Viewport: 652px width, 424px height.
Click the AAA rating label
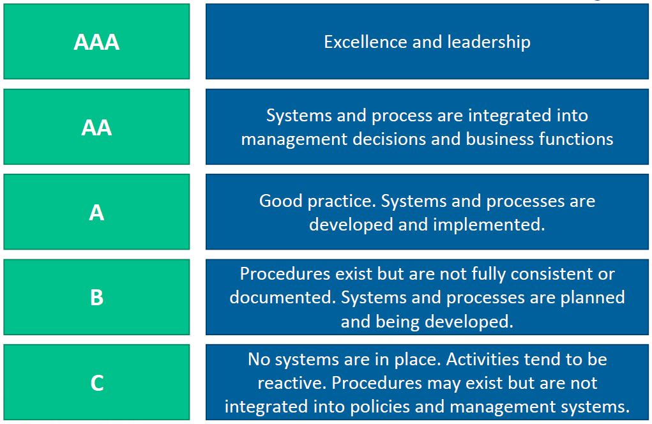click(x=96, y=42)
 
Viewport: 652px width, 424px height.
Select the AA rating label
click(x=96, y=127)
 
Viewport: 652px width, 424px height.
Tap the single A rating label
click(x=96, y=213)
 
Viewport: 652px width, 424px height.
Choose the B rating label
click(x=96, y=298)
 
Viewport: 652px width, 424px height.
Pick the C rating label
click(x=97, y=383)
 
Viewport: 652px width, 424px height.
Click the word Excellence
click(x=365, y=42)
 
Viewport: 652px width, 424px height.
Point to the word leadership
click(x=489, y=43)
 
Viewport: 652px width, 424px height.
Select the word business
click(x=499, y=139)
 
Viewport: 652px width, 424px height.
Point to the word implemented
click(x=489, y=225)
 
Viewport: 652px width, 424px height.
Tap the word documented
click(x=283, y=298)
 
